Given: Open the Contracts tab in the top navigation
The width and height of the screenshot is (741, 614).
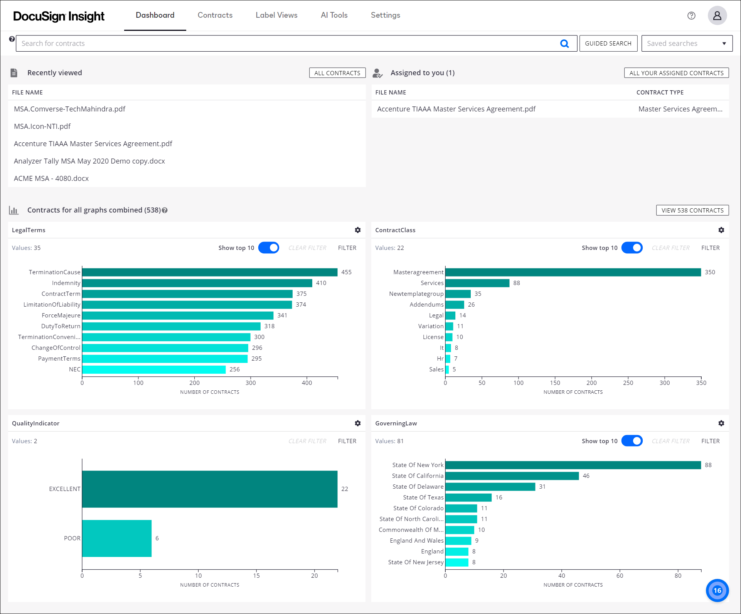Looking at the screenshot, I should (215, 15).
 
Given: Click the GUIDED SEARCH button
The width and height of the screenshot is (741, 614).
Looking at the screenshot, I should (608, 43).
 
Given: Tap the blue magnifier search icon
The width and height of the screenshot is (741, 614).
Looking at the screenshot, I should (564, 44).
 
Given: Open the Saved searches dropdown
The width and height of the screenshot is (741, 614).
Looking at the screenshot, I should (687, 43).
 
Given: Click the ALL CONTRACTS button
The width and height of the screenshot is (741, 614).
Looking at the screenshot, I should (337, 73).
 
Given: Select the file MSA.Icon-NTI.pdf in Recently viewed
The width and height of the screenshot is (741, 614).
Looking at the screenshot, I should (42, 126).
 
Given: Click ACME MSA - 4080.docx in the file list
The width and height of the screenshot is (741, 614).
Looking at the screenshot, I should (51, 178).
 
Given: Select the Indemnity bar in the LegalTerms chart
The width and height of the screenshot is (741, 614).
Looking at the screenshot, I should (197, 283).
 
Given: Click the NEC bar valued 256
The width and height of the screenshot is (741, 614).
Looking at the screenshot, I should (153, 369).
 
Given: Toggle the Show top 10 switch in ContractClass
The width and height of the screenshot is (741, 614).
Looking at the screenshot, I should (632, 248).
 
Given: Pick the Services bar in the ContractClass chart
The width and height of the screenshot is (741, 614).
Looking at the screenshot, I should (477, 283).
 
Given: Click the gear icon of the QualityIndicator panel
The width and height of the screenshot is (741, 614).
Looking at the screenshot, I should (358, 423).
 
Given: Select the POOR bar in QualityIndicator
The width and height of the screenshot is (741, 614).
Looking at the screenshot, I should (116, 538).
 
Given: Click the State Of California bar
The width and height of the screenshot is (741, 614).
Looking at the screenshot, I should (512, 476).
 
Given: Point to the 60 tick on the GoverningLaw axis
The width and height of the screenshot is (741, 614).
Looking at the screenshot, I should (620, 575).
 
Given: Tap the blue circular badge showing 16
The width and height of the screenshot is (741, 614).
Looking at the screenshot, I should (717, 590).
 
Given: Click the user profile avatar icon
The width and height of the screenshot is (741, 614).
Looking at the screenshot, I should (717, 15).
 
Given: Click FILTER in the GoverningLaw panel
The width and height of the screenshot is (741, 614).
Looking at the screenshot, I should (710, 441).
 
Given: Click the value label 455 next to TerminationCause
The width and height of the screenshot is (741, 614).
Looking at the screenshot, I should (346, 272).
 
